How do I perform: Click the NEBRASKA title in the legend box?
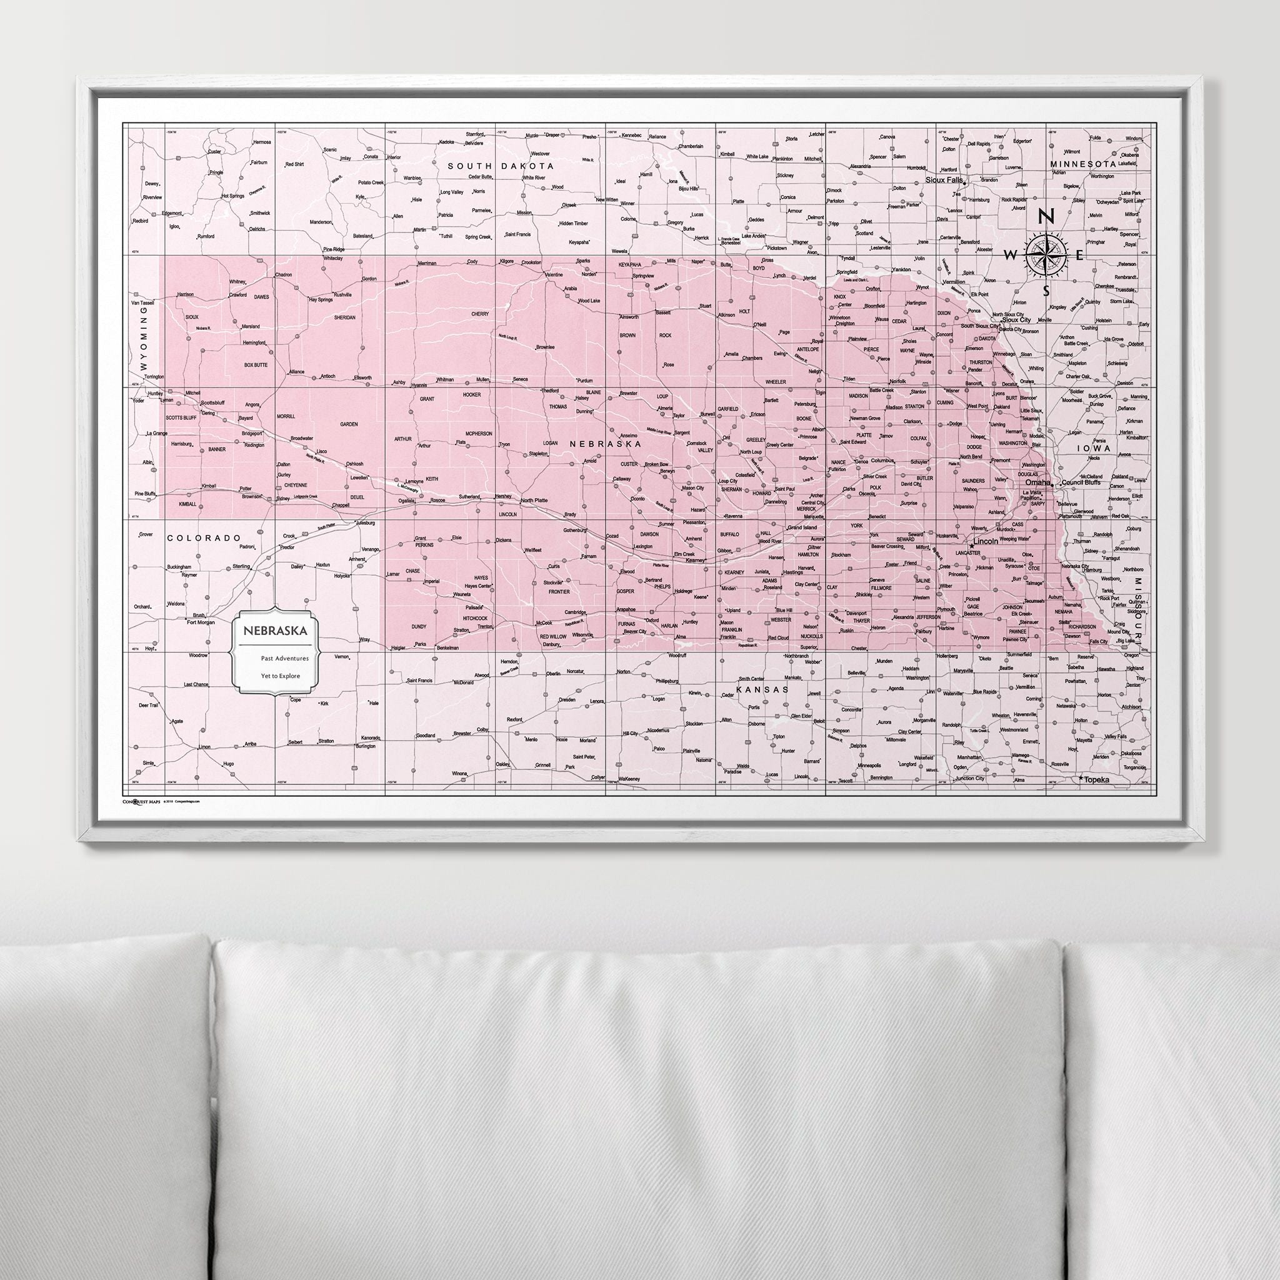pos(275,630)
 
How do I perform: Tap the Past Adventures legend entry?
pos(280,659)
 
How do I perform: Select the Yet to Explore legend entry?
pos(279,676)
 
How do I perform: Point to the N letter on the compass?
pos(1046,217)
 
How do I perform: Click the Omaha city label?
pos(1037,482)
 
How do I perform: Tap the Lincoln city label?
pos(986,541)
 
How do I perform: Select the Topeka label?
pos(1096,781)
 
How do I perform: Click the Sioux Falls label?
pos(944,179)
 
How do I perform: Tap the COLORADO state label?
pos(203,538)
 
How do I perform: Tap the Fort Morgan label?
pos(201,622)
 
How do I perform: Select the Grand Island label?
pos(802,527)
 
